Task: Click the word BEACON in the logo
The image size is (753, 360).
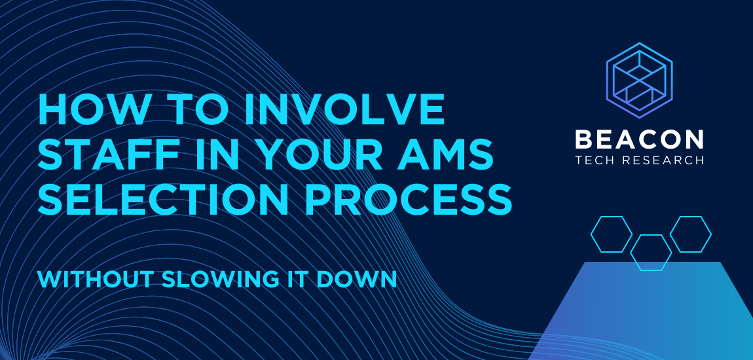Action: (639, 139)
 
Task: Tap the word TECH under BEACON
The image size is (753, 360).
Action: (595, 160)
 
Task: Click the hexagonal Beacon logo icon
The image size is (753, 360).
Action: (639, 81)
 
